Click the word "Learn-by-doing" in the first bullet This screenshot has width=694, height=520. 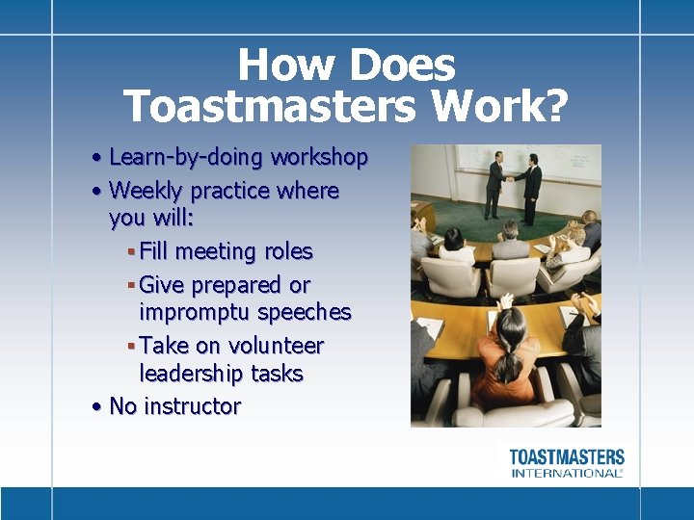tap(187, 157)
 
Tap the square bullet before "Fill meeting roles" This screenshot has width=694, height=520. tap(130, 252)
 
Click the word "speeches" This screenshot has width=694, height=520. tap(310, 313)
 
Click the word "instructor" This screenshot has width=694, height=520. tap(192, 406)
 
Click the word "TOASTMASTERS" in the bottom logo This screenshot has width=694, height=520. tap(567, 456)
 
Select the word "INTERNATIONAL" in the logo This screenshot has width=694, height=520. tap(567, 473)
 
